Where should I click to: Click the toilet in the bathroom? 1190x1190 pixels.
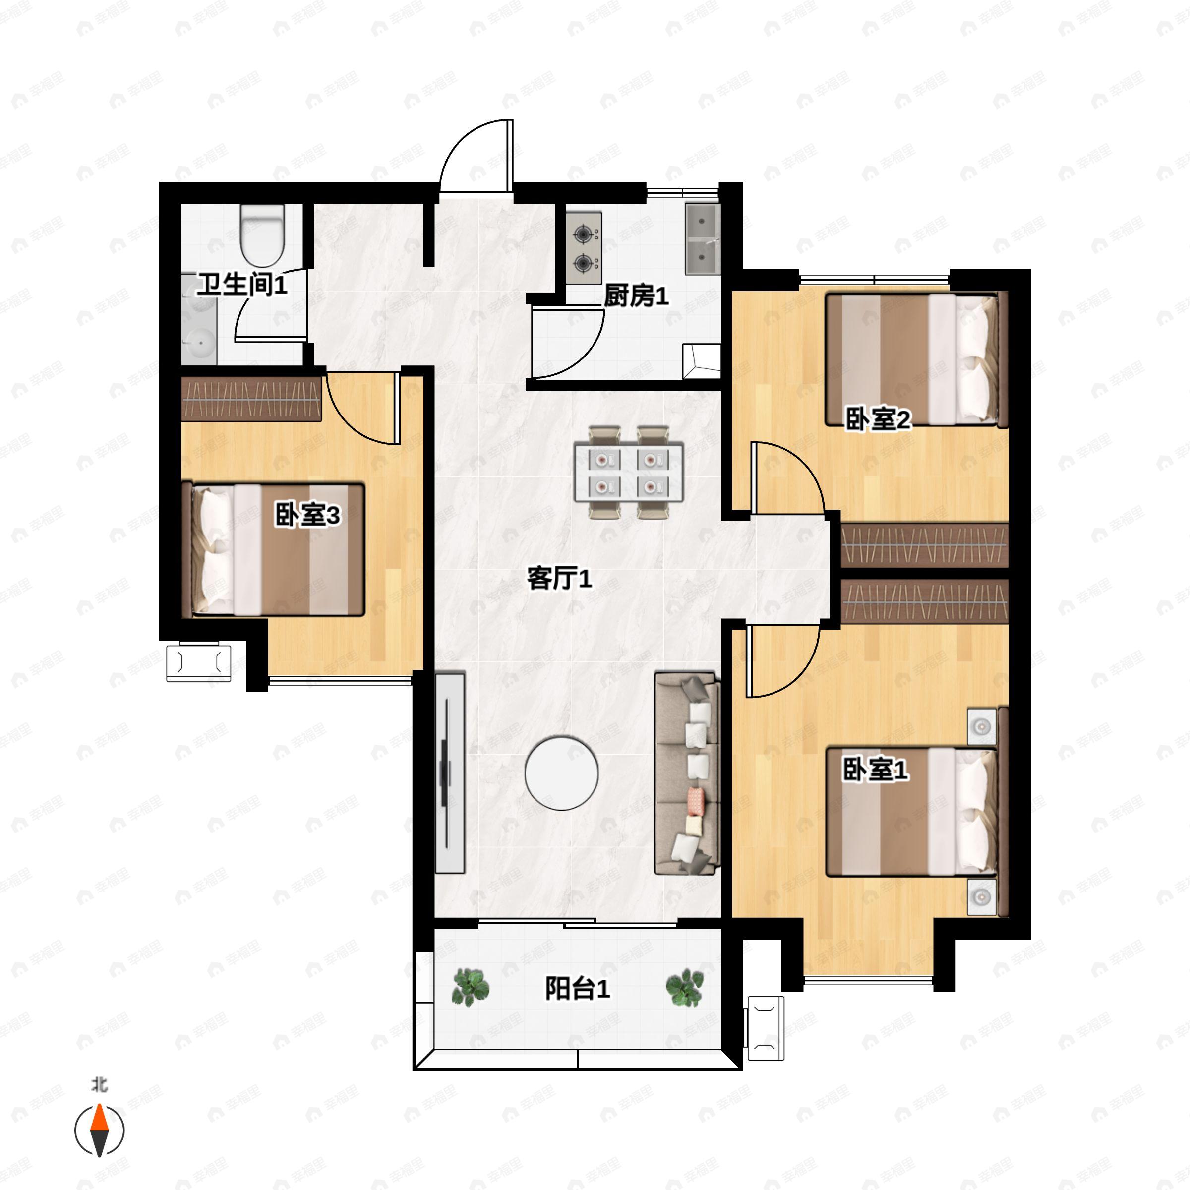coord(262,236)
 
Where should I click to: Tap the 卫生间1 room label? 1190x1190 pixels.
coord(241,285)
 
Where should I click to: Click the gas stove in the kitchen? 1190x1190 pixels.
coord(583,248)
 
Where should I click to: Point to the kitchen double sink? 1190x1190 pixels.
coord(702,239)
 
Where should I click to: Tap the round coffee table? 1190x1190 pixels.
coord(561,773)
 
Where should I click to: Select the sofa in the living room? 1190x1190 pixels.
coord(687,773)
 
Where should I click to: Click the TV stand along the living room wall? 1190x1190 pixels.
coord(450,773)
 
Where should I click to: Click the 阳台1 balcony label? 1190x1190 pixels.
coord(577,989)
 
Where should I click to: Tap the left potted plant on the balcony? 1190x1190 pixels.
coord(471,987)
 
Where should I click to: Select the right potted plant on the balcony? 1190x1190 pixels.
coord(684,987)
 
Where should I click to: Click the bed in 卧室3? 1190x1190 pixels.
coord(278,549)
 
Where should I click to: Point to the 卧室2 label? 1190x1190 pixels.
coord(877,420)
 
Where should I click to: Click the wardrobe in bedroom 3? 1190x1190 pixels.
coord(251,399)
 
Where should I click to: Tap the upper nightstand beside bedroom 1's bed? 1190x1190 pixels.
coord(981,727)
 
